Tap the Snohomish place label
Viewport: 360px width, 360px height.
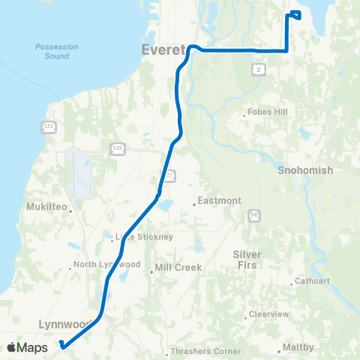point(304,170)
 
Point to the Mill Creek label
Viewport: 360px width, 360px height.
point(174,266)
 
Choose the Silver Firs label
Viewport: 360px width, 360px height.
point(247,259)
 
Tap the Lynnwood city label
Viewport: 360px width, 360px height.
point(64,324)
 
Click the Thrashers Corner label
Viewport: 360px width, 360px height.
point(196,350)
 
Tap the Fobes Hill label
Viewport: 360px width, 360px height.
point(265,114)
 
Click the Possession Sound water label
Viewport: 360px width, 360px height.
point(52,51)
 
